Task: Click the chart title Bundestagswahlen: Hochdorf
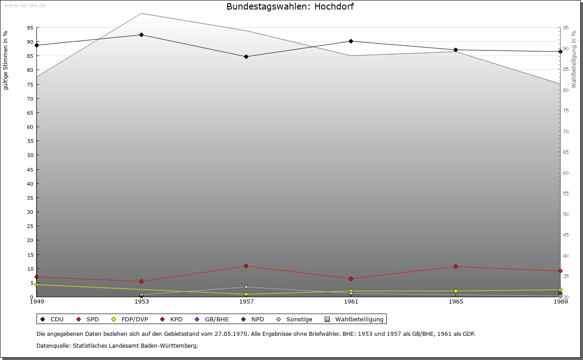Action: tap(290, 7)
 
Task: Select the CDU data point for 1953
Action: tap(141, 35)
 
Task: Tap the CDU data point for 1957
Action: tap(246, 57)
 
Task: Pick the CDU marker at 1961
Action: tap(351, 41)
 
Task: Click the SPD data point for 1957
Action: tap(246, 266)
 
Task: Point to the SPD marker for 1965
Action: tap(455, 267)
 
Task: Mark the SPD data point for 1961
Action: tap(351, 279)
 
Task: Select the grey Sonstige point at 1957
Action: tap(246, 287)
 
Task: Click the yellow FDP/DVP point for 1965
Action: tap(455, 291)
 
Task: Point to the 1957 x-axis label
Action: tap(246, 302)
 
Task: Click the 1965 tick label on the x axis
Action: tap(456, 302)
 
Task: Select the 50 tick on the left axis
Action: tap(30, 155)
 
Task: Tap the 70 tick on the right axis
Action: tap(566, 132)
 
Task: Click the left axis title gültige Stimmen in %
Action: tap(6, 61)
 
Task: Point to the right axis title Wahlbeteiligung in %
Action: tap(574, 59)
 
